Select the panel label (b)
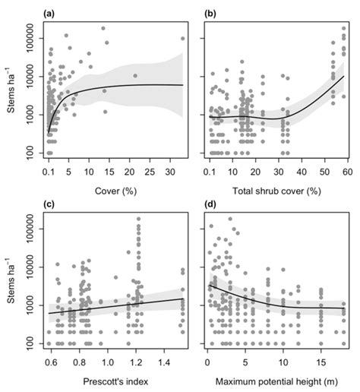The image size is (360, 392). click(210, 14)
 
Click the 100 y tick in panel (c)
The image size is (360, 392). click(33, 343)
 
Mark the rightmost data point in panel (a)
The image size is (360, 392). click(183, 39)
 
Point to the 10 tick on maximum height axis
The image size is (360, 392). click(283, 361)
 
